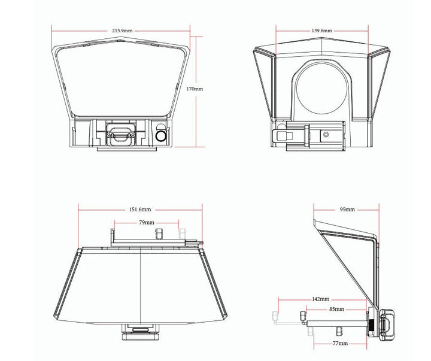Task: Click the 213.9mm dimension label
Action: (122, 31)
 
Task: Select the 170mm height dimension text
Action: (195, 89)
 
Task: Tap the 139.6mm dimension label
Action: (321, 31)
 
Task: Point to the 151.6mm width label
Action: (140, 209)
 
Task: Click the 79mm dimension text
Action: (147, 223)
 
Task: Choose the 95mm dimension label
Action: (347, 210)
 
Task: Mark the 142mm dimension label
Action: (320, 299)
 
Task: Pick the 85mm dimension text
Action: (336, 309)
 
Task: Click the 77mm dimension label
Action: (340, 343)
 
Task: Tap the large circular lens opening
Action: (321, 89)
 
